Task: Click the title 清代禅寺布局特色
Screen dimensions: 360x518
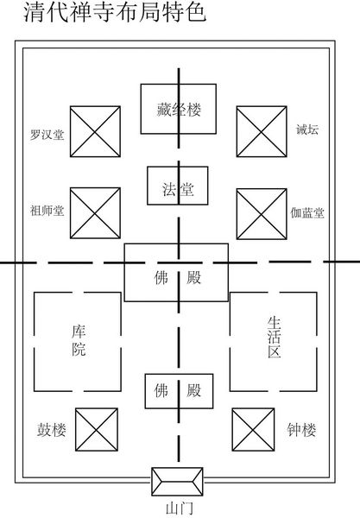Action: (x=115, y=12)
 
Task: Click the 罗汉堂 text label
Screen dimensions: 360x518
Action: (x=47, y=135)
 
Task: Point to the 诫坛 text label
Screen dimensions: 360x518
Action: (x=307, y=129)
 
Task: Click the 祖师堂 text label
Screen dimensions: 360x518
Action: (x=47, y=211)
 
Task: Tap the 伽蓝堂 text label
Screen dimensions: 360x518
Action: (x=307, y=213)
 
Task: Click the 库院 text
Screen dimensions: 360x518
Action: (x=79, y=341)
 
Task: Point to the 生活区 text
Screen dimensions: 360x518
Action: (x=275, y=338)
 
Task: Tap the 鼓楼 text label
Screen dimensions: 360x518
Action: (x=52, y=429)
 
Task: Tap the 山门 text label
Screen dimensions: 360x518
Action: (x=179, y=509)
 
